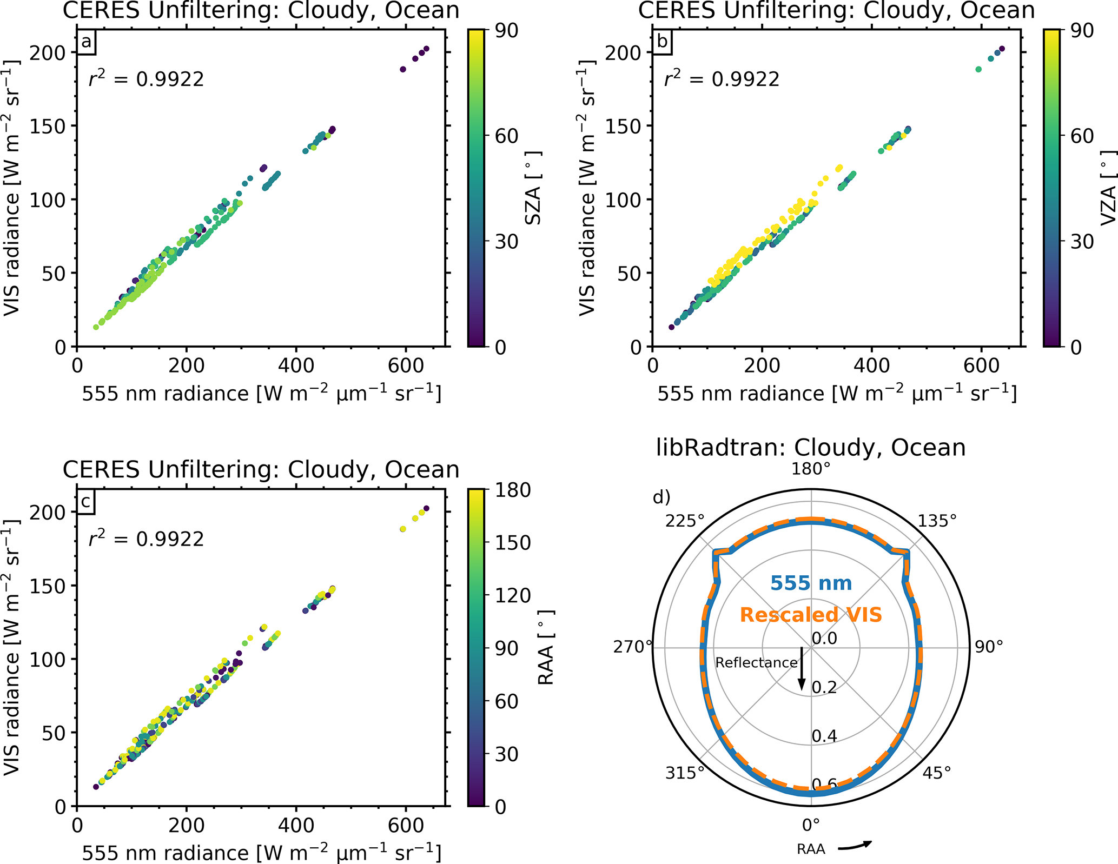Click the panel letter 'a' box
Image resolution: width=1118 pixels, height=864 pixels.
86,42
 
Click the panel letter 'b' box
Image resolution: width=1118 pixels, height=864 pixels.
661,42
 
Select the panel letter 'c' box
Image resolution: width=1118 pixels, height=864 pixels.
85,502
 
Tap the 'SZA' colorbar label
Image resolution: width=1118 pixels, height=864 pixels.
533,188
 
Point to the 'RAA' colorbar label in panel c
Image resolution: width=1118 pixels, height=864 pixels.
546,648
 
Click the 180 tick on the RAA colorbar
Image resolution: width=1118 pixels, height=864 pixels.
513,490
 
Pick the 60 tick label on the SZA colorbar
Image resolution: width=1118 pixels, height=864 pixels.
507,136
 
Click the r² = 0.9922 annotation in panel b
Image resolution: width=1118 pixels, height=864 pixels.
722,79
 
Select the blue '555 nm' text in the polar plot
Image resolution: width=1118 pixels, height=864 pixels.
811,583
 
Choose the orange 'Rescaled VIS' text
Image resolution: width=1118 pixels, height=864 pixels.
811,615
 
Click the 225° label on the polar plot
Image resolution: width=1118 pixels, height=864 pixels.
685,521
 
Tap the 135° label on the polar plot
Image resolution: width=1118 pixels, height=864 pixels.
937,521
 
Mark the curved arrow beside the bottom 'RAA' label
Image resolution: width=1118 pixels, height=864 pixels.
855,846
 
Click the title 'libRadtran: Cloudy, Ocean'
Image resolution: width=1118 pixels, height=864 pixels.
811,448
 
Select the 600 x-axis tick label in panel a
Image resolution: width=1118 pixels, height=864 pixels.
406,366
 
